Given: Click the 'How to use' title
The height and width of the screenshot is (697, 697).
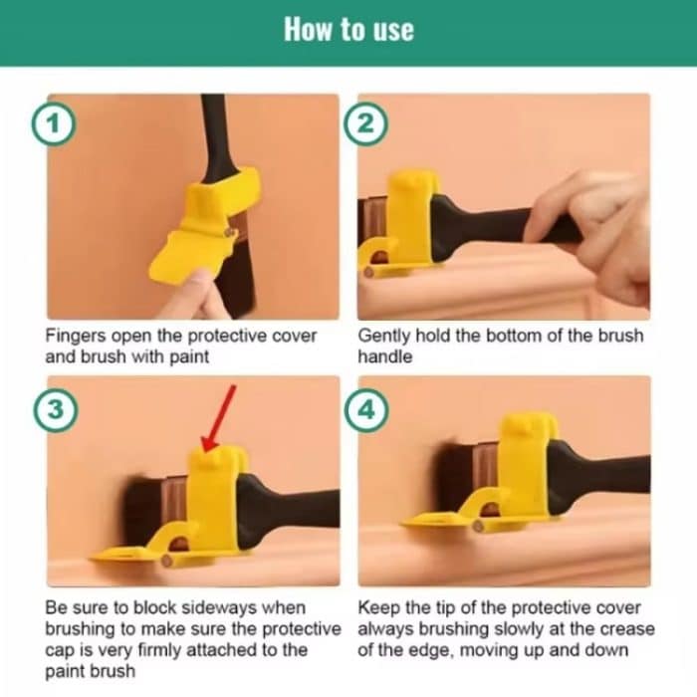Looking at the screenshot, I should point(348,29).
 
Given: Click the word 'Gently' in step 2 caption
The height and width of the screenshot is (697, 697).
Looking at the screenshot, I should point(385,337).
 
